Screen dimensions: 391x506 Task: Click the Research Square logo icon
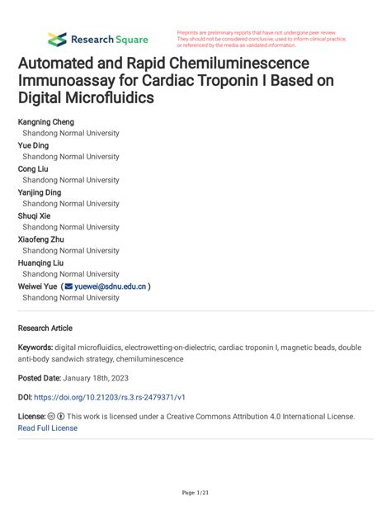[57, 39]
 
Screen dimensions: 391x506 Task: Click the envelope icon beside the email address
[68, 286]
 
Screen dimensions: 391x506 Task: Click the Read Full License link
[48, 428]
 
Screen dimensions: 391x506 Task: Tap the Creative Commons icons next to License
[56, 417]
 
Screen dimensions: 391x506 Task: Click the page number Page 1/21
[195, 493]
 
